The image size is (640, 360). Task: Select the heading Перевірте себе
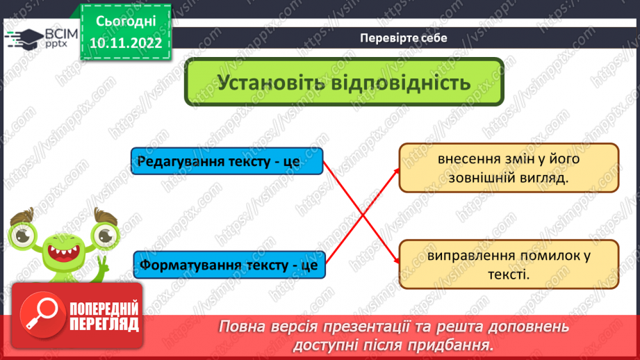[x=404, y=38]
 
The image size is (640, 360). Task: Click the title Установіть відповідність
[x=344, y=83]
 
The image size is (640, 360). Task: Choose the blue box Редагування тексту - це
[x=227, y=162]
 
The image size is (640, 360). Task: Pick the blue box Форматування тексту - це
[x=229, y=265]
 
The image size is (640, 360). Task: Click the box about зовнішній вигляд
[x=508, y=168]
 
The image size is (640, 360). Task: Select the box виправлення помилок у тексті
[x=508, y=265]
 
